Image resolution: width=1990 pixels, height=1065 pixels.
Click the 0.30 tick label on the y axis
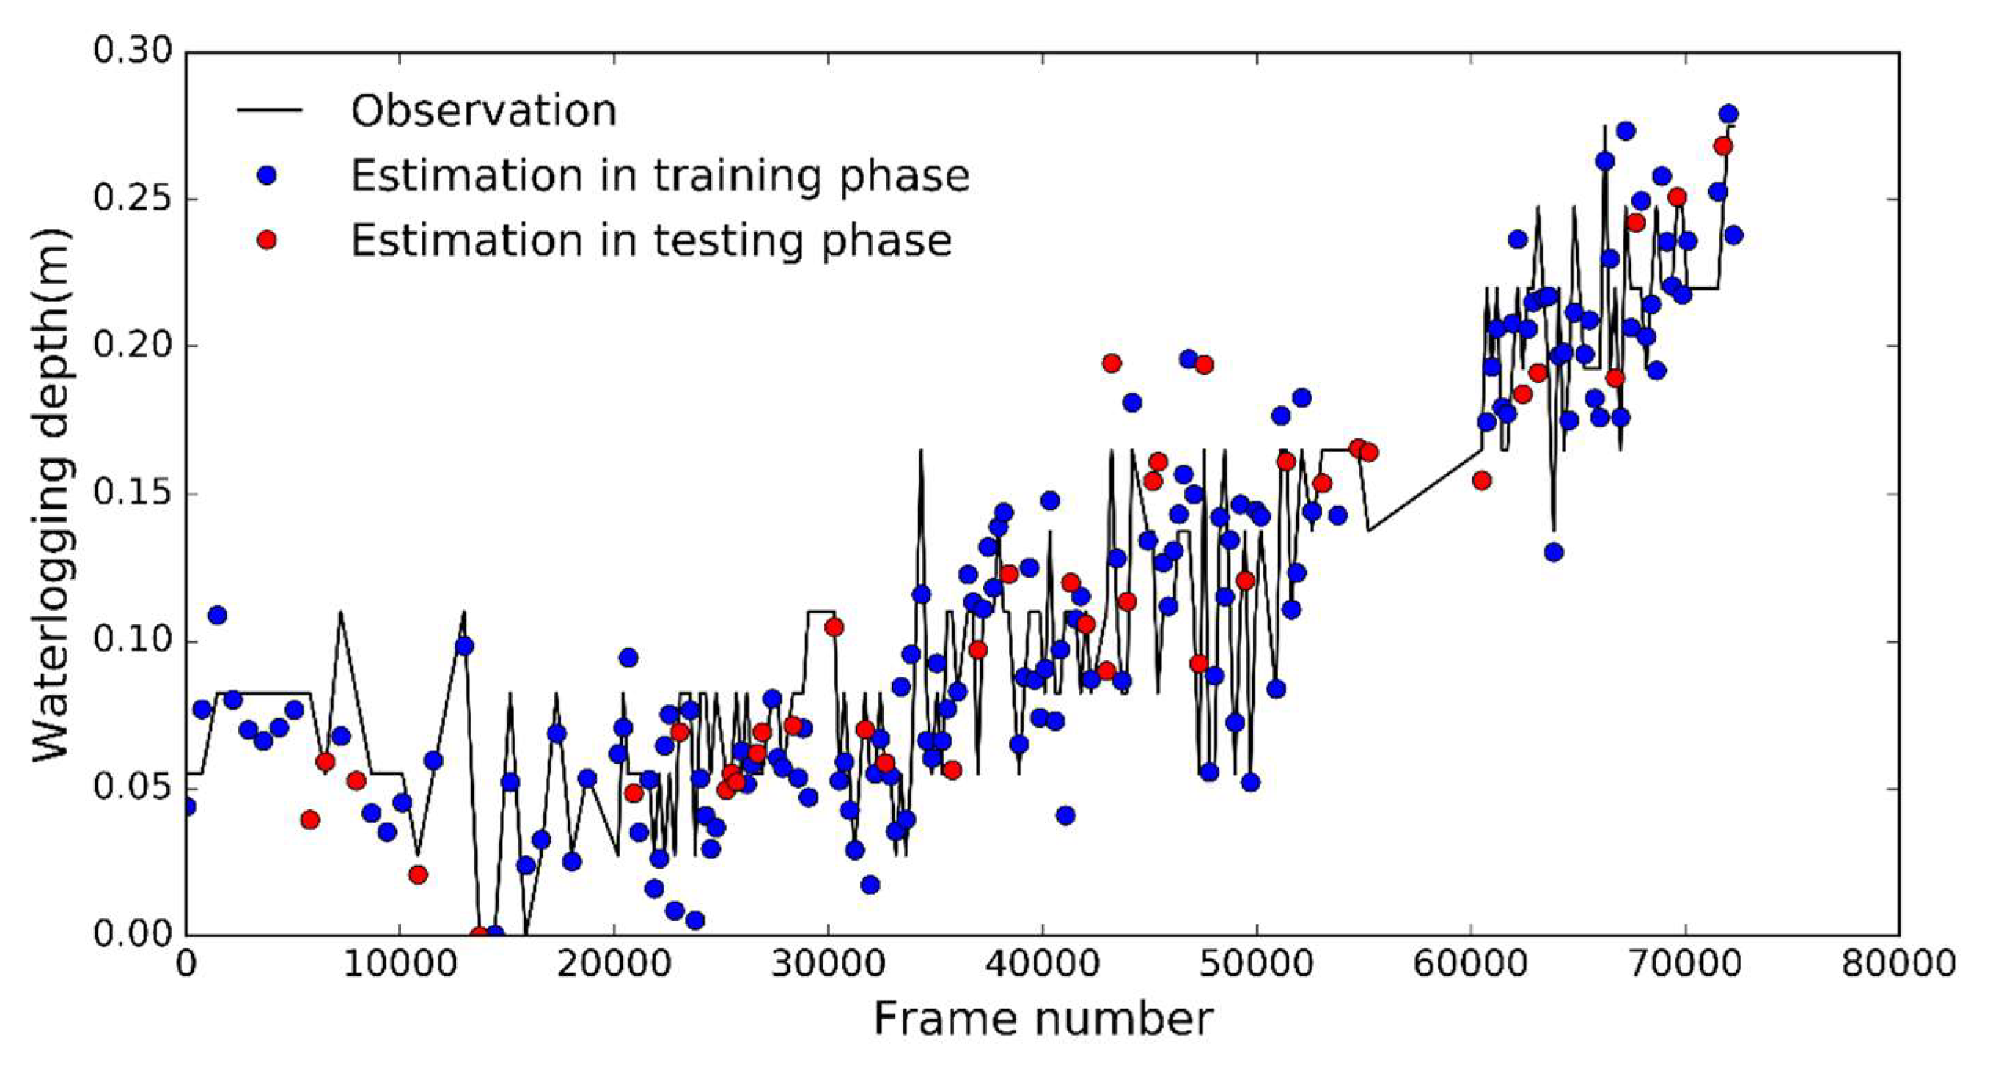132,52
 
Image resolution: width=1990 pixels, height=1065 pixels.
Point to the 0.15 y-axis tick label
132,493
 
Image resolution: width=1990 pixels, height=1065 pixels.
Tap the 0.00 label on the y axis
132,935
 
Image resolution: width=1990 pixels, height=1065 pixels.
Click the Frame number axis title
1042,1020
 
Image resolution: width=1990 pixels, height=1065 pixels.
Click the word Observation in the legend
484,111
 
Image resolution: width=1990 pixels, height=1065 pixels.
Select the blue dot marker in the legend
266,175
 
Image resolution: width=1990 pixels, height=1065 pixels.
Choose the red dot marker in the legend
266,240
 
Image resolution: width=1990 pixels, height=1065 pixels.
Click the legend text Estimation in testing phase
650,240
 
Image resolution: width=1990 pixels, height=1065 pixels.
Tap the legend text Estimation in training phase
660,175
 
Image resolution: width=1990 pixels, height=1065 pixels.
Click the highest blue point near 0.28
1729,114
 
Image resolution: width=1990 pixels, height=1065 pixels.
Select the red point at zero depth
479,935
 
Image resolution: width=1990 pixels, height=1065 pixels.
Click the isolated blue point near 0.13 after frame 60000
1554,552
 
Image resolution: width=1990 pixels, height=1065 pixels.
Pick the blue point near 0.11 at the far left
217,616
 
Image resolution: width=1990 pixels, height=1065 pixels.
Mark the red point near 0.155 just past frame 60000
1482,480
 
